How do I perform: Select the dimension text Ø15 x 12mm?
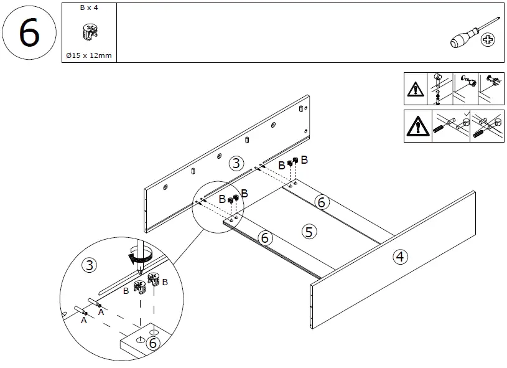pos(89,55)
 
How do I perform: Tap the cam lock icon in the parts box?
pos(89,32)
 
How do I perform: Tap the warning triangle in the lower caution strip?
pos(417,126)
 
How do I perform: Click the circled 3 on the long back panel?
pos(236,164)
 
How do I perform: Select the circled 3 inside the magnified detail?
pos(90,266)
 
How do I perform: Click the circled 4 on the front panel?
pos(400,256)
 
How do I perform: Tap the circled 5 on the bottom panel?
pos(309,232)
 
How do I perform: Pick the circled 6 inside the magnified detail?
pos(153,342)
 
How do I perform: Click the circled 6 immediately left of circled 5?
pos(265,237)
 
